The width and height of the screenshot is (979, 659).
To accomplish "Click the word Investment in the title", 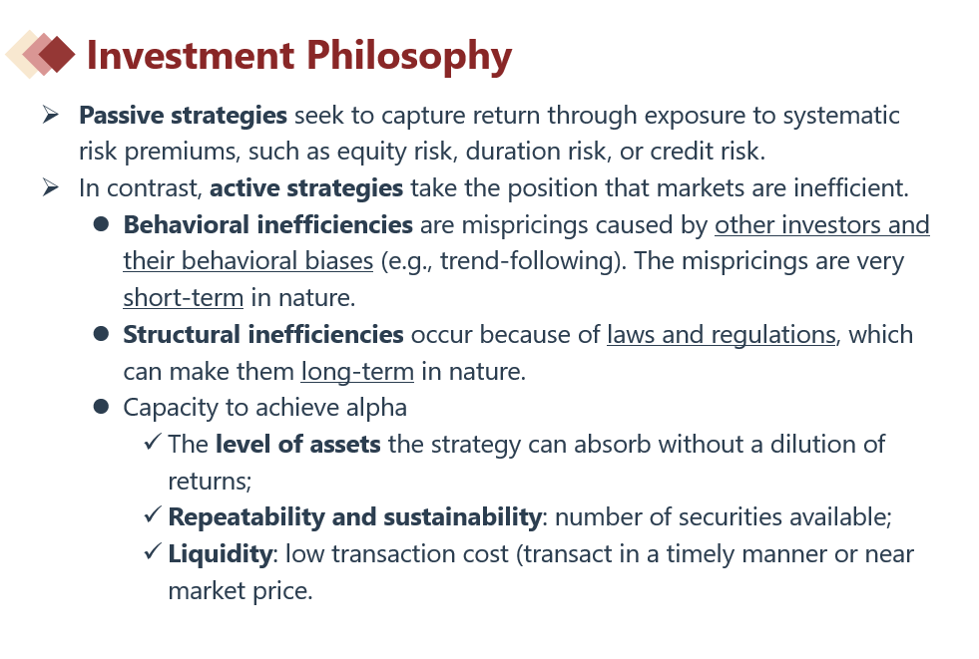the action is (x=191, y=56).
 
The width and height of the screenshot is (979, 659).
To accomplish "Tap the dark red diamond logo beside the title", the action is (x=57, y=54).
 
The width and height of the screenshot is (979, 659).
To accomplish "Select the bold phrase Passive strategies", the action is (x=183, y=116).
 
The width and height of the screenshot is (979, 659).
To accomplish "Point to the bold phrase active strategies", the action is (x=306, y=188).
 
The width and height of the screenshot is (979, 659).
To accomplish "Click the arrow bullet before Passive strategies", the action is (x=51, y=115).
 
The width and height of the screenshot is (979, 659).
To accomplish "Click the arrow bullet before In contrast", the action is (x=51, y=187).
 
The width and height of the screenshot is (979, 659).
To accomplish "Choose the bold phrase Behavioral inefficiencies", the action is (x=267, y=224).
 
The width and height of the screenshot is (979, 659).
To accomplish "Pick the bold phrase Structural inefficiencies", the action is (x=263, y=335).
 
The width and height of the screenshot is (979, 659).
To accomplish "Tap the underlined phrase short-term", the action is (x=183, y=298).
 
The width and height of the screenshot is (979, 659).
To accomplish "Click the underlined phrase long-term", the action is (x=357, y=372).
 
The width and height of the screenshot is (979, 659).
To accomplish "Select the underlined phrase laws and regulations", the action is (x=722, y=335).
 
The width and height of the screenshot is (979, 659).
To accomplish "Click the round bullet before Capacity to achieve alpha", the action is (x=101, y=407).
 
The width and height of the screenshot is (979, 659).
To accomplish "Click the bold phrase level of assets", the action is (x=297, y=445).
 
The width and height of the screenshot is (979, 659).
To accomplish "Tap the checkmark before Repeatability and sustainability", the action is (x=153, y=515).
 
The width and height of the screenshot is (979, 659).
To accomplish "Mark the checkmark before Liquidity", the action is (x=153, y=551).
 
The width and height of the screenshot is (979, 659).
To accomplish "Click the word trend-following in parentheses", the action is (x=529, y=261).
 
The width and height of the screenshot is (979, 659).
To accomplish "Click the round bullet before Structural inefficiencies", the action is (x=101, y=334).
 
